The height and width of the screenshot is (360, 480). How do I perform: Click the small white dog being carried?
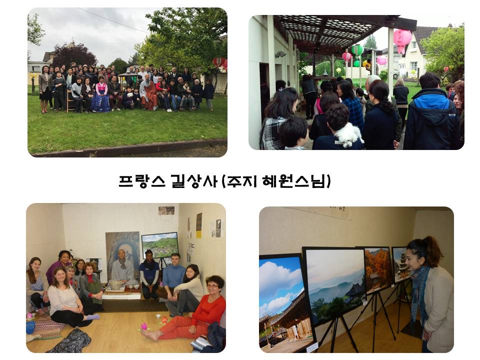tap(349, 134)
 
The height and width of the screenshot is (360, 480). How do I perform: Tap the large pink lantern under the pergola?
tap(402, 40)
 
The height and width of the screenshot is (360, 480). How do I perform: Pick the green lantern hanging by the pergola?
tap(357, 50)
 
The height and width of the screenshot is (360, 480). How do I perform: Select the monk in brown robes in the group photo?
tap(148, 93)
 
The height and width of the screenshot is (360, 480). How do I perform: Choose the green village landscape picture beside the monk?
tap(160, 245)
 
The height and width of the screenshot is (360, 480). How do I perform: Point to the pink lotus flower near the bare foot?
tap(144, 326)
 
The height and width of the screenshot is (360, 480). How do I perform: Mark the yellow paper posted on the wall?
tap(199, 225)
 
